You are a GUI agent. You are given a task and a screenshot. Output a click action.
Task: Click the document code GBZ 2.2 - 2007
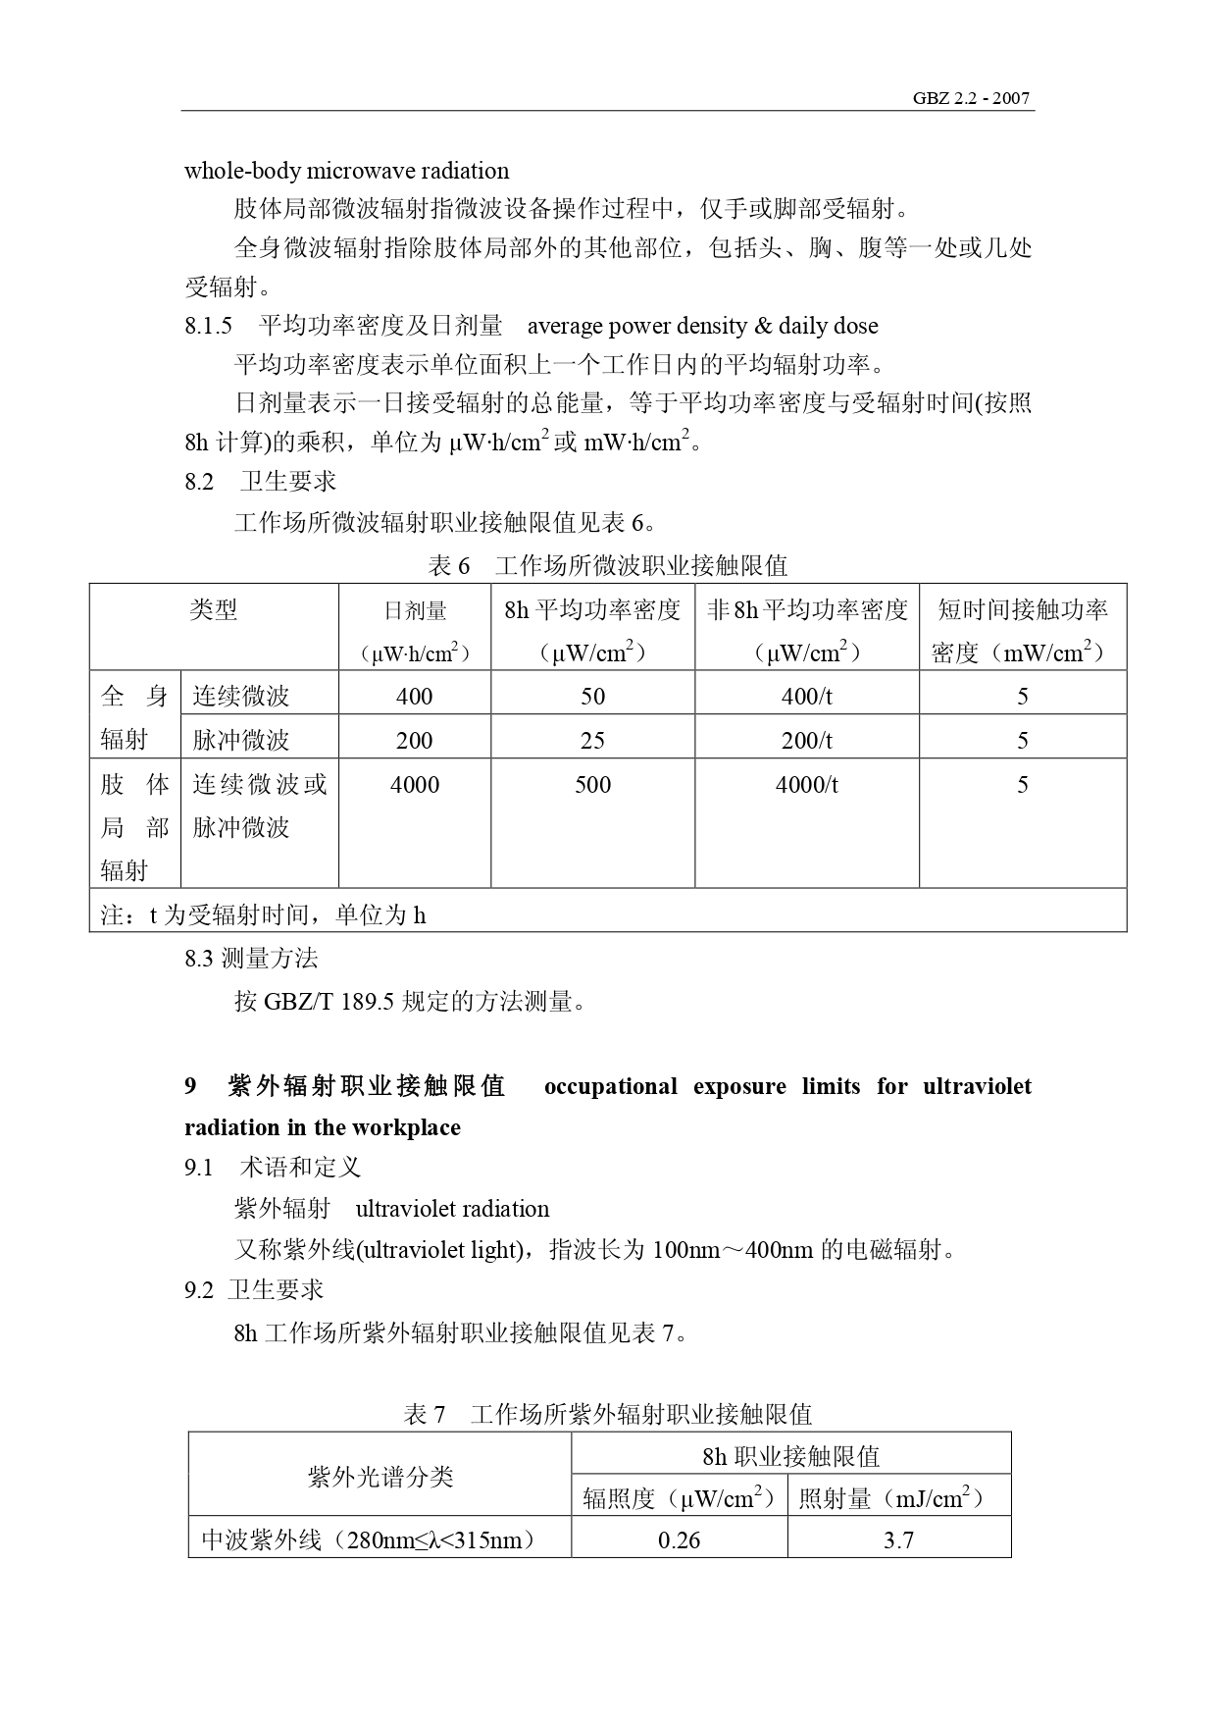[x=971, y=98]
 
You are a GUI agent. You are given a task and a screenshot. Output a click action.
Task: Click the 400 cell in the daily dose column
[x=414, y=696]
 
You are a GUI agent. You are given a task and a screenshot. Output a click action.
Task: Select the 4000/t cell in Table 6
[x=806, y=784]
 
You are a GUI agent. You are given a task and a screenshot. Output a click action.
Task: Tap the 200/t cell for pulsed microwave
[x=806, y=740]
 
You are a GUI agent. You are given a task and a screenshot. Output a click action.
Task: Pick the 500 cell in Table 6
[x=592, y=784]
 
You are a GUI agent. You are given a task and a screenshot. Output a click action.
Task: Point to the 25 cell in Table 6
[x=592, y=740]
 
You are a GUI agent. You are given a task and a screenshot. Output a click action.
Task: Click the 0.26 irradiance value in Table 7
[x=679, y=1539]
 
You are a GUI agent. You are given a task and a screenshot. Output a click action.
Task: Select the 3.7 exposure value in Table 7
[x=898, y=1539]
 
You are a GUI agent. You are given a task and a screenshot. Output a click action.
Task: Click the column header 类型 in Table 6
[x=214, y=610]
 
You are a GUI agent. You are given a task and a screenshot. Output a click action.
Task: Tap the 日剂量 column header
[x=415, y=611]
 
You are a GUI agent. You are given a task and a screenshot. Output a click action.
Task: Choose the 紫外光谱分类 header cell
[x=380, y=1477]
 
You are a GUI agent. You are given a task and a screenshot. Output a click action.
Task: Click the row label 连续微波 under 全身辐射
[x=241, y=697]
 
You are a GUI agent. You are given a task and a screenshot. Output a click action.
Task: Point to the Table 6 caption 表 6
[x=449, y=566]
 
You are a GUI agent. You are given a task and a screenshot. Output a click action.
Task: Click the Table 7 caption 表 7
[x=425, y=1414]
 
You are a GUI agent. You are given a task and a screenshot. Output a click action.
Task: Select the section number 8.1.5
[x=208, y=326]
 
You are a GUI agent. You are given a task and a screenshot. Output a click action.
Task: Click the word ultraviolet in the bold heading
[x=977, y=1086]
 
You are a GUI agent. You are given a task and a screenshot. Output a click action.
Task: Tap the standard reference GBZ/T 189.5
[x=329, y=1002]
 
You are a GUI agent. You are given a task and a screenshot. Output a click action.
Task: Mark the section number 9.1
[x=198, y=1167]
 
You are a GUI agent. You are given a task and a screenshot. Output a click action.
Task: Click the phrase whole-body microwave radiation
[x=346, y=171]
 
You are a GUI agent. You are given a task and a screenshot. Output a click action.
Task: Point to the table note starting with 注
[x=263, y=915]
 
